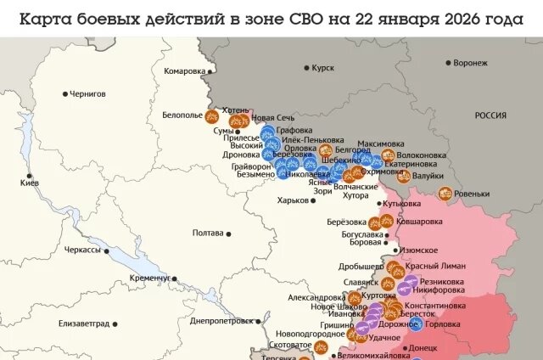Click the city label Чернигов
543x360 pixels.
88,93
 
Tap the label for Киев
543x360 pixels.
30,183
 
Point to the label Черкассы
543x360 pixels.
82,250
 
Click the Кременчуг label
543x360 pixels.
150,278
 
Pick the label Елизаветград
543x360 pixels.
84,323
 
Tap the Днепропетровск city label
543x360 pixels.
221,321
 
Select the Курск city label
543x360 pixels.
323,67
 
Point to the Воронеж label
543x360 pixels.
470,63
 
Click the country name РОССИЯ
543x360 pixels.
490,115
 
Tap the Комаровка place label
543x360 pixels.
184,71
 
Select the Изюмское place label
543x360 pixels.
418,250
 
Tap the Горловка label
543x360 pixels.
443,324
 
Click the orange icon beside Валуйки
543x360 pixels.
404,177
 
